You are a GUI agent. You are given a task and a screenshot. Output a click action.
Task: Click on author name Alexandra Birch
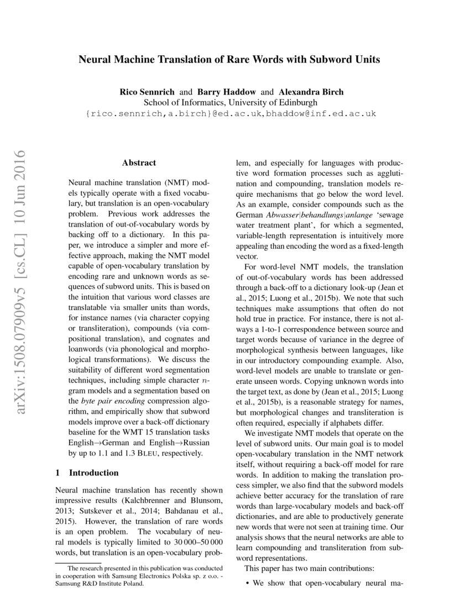tap(311, 92)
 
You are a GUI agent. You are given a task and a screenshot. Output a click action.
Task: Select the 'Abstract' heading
tap(139, 163)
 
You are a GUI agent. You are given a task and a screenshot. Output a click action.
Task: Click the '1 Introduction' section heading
tap(87, 473)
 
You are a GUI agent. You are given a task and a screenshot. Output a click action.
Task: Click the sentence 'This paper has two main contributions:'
tap(310, 568)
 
